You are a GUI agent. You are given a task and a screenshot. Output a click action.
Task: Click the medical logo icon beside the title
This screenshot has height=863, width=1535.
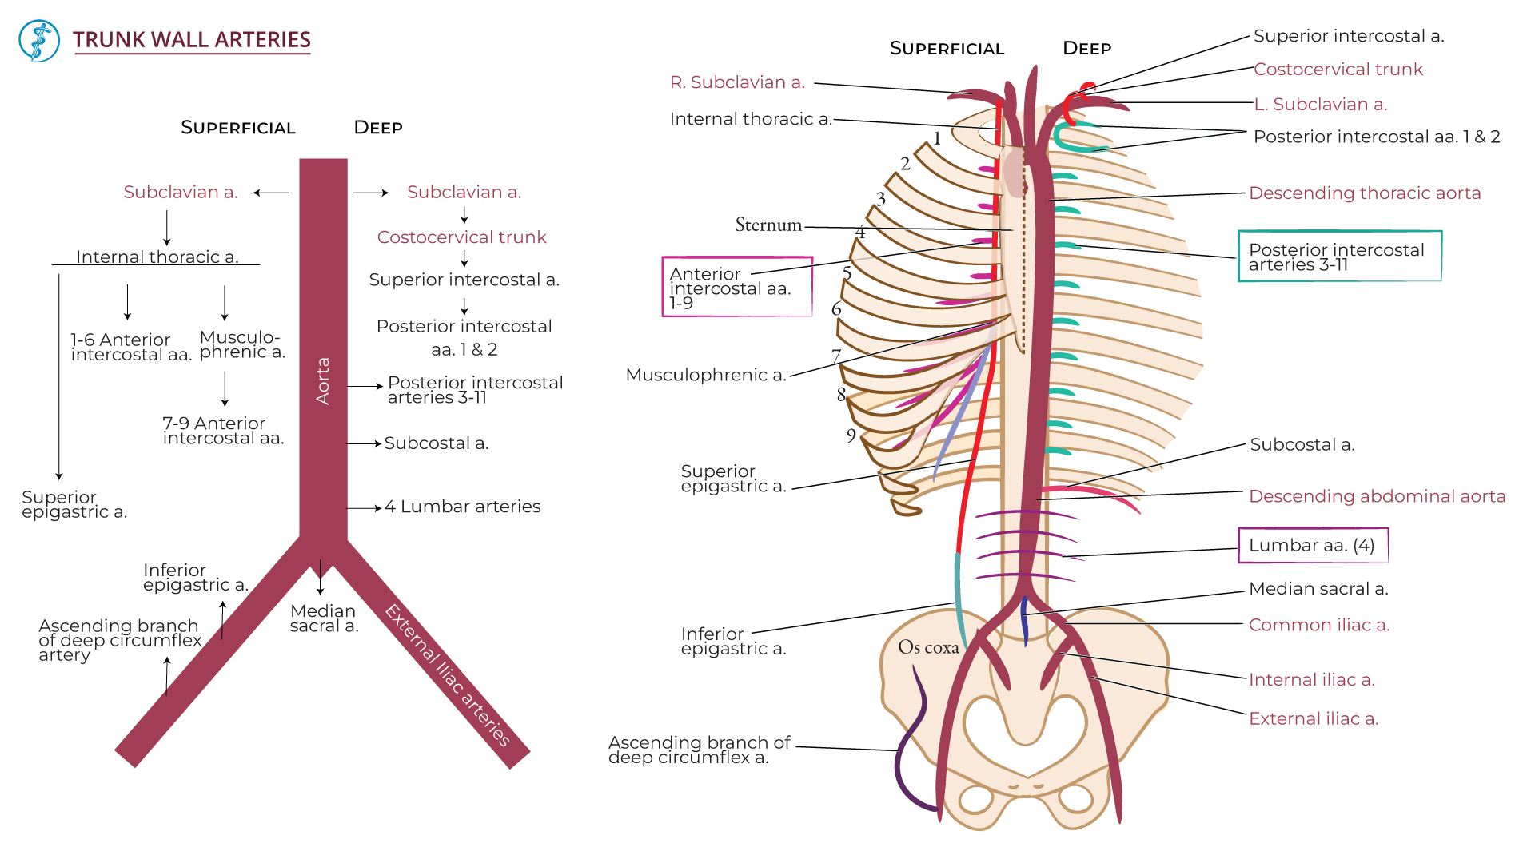(39, 41)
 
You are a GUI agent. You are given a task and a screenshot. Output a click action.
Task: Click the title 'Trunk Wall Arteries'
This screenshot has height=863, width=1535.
(191, 40)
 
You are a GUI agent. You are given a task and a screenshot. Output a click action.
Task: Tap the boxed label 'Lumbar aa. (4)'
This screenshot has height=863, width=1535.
(1312, 545)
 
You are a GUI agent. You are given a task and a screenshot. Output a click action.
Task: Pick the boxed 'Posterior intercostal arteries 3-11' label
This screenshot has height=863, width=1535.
(1339, 257)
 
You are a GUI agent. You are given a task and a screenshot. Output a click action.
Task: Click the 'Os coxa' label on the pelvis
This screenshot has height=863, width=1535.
(927, 647)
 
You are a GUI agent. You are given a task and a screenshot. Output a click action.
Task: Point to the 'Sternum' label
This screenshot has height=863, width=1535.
(767, 225)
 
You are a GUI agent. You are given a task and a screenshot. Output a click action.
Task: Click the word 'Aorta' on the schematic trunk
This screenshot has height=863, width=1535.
(323, 380)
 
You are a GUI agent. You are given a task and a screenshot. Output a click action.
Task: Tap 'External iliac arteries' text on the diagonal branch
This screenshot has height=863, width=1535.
(448, 675)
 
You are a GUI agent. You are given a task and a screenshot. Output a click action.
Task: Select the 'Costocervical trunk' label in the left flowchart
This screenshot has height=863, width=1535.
(461, 237)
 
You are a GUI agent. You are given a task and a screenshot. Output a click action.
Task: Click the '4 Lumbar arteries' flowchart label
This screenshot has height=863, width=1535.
(462, 507)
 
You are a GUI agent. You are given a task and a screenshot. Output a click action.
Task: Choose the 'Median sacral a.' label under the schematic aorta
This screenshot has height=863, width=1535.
(324, 618)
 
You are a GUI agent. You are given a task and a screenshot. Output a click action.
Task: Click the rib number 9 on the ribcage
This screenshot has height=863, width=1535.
(851, 435)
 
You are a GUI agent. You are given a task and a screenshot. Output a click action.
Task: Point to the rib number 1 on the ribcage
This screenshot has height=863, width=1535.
(937, 138)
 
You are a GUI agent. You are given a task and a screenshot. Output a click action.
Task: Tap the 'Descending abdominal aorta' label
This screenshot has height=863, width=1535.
(1377, 496)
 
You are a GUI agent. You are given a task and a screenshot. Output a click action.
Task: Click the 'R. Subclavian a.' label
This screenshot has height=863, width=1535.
(737, 82)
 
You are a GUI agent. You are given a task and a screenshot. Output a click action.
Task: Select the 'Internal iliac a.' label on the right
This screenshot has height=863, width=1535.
(1311, 680)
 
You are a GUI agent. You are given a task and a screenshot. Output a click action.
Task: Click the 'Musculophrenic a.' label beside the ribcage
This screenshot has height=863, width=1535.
(706, 375)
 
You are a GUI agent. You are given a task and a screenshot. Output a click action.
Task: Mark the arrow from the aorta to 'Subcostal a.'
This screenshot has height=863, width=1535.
(364, 443)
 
